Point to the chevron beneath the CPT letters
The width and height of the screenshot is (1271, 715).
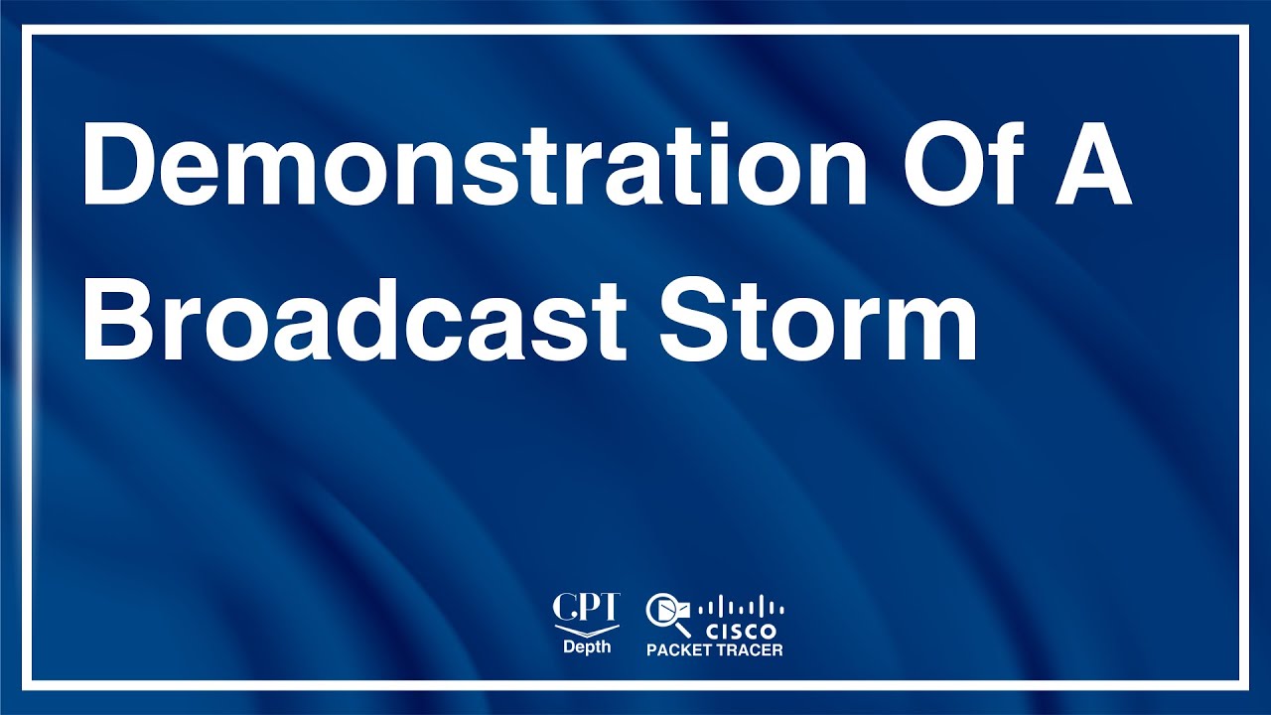coord(586,630)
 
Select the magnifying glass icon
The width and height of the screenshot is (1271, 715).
coord(666,614)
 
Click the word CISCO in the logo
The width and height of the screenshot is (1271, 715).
coord(741,631)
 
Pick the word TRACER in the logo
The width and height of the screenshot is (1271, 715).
coord(752,650)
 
